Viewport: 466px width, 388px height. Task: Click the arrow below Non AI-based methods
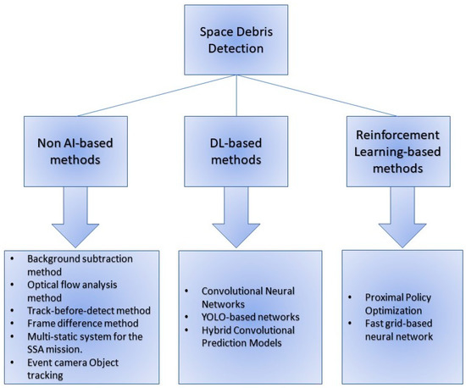(x=82, y=216)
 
